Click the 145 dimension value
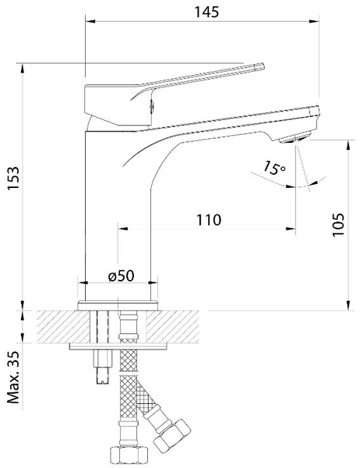[x=206, y=12]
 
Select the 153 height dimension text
[x=13, y=178]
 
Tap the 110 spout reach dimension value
[x=209, y=220]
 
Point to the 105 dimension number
[x=338, y=225]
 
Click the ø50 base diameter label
[x=121, y=276]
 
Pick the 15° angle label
[x=274, y=168]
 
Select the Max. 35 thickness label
[x=13, y=378]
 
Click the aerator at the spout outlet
[x=294, y=139]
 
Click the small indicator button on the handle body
[x=151, y=105]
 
